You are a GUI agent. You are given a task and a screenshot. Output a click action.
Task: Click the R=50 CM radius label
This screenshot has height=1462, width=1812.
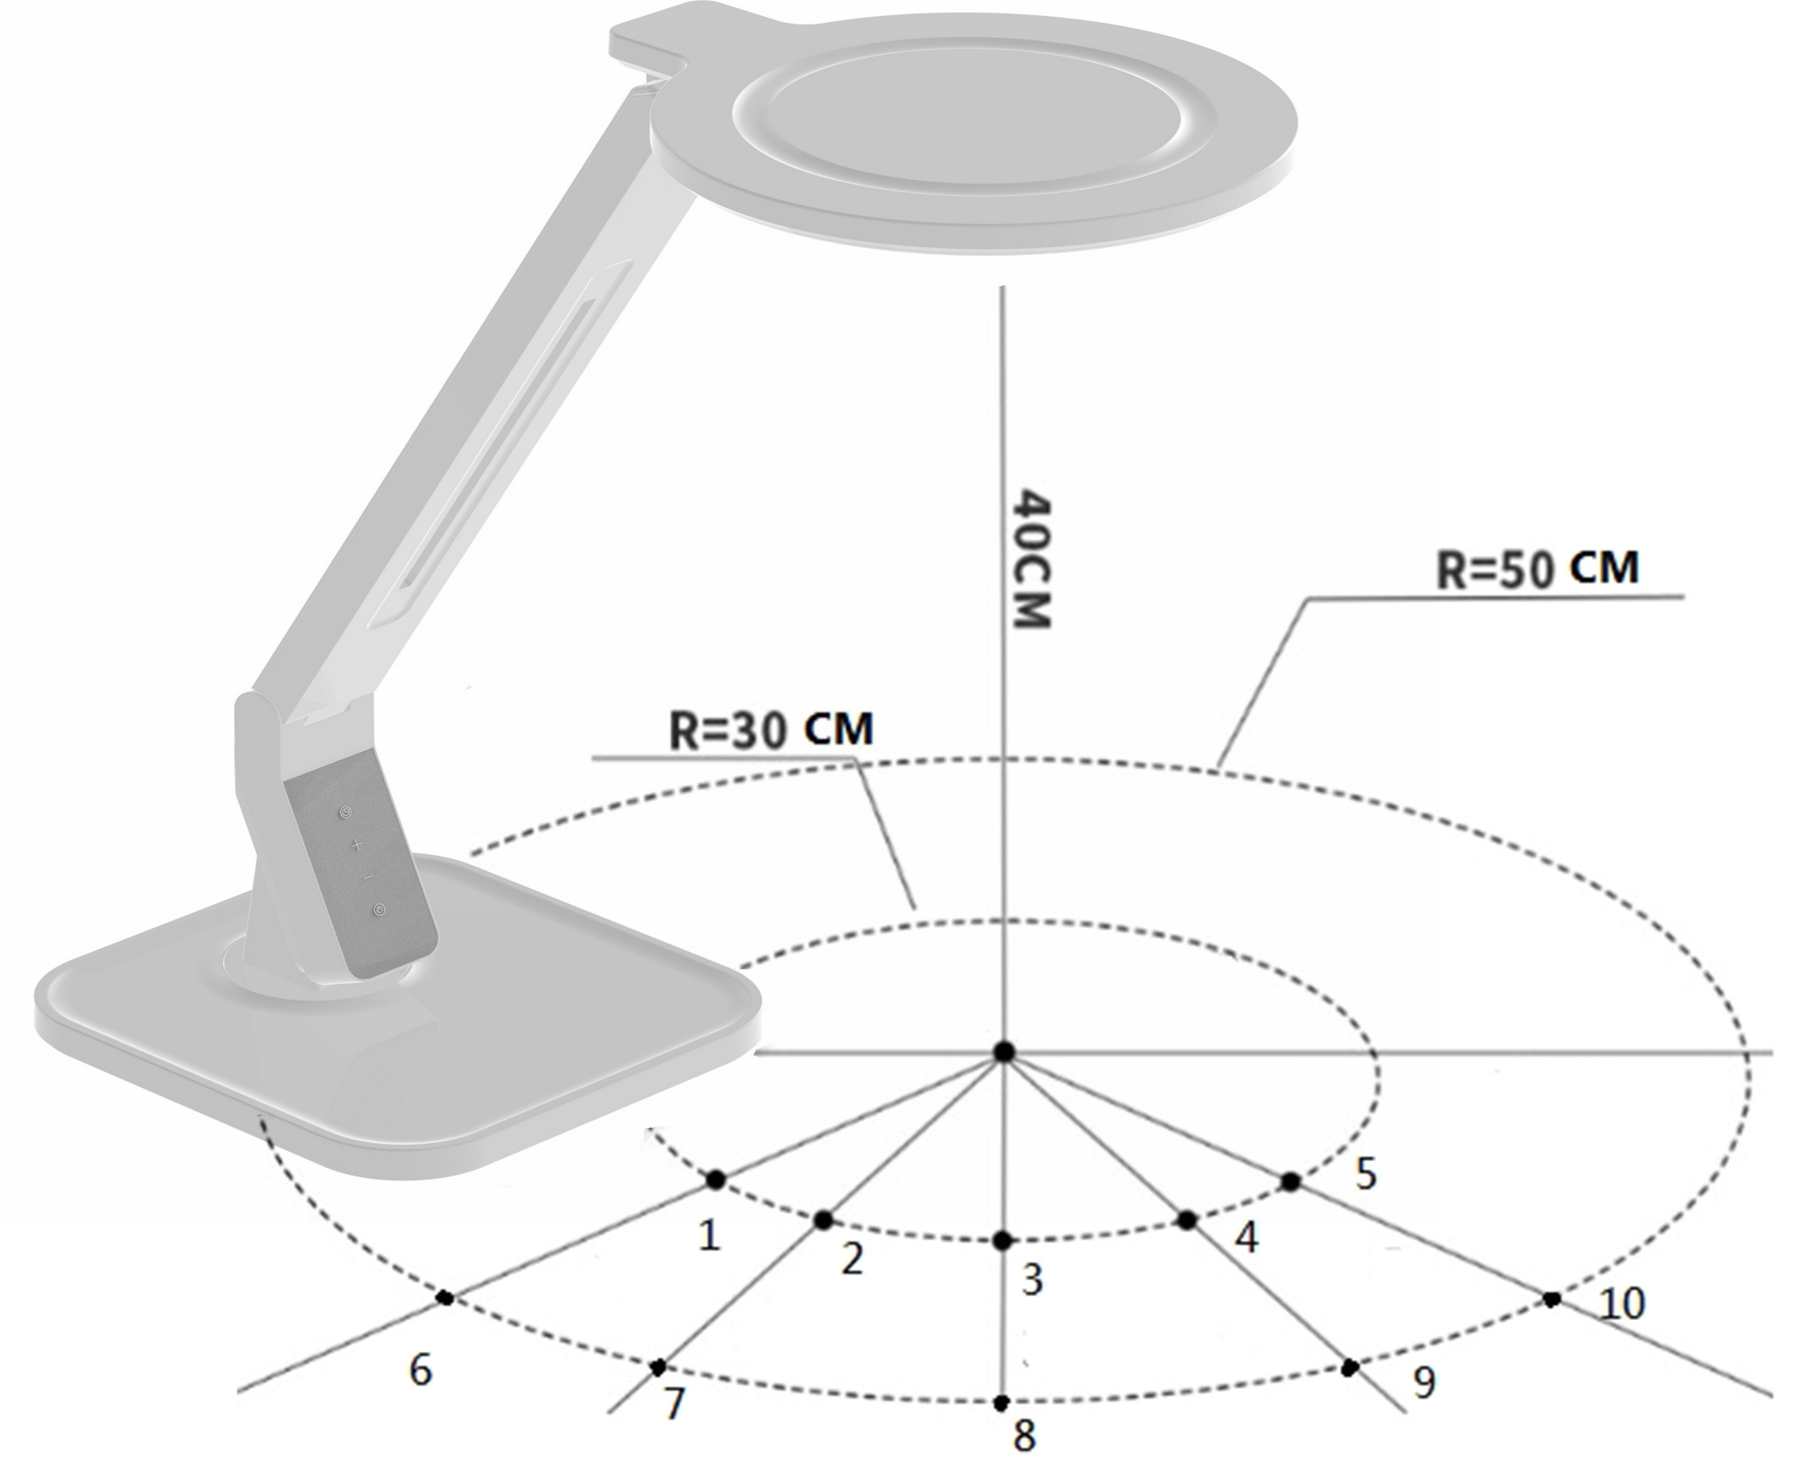(x=1537, y=570)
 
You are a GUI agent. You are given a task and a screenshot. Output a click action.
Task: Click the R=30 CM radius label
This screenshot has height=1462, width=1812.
(x=771, y=728)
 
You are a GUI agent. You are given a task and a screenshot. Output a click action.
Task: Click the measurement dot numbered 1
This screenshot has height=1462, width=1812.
(x=715, y=1180)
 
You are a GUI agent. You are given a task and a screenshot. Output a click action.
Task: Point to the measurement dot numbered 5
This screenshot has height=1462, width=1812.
(x=1291, y=1182)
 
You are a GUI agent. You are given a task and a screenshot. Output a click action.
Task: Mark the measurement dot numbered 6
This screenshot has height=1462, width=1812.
(x=445, y=1298)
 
